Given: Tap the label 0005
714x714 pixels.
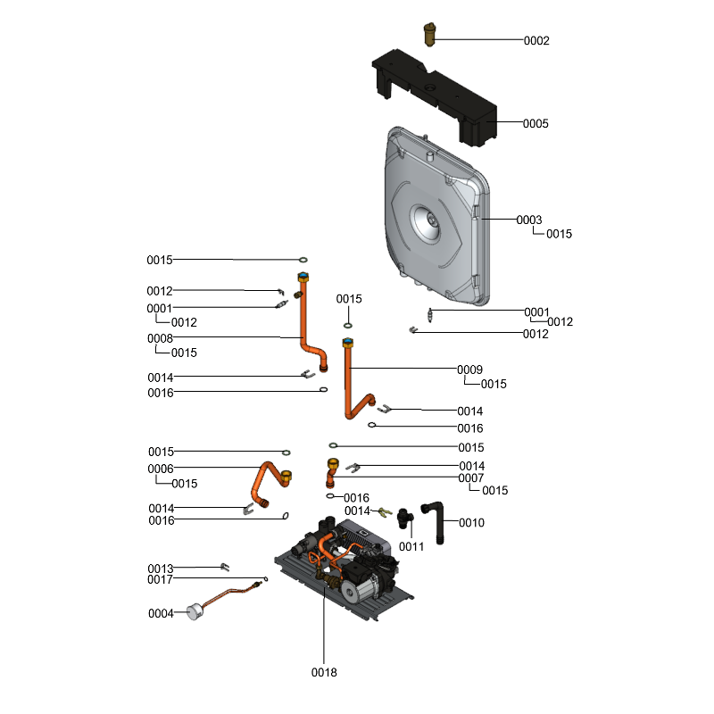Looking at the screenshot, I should (535, 123).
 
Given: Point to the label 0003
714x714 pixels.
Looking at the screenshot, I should (529, 220).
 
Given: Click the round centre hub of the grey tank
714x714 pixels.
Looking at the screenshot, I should (427, 220).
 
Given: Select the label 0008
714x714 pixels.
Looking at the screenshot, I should (161, 338).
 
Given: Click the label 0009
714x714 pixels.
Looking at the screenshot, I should (469, 369).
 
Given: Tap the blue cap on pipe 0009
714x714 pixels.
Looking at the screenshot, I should (347, 341).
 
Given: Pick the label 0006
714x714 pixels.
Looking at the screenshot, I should (161, 469).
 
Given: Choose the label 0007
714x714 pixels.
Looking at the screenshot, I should (471, 478).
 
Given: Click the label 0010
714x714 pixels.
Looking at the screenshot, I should (471, 522).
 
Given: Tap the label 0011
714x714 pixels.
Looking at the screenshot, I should (411, 546).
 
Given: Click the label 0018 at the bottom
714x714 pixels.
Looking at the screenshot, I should (324, 672).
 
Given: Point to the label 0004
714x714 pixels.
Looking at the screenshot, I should (161, 613).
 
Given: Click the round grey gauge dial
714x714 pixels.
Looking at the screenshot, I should (193, 612).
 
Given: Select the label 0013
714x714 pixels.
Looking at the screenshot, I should (161, 569).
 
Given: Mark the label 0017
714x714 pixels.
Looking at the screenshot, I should (161, 579).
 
